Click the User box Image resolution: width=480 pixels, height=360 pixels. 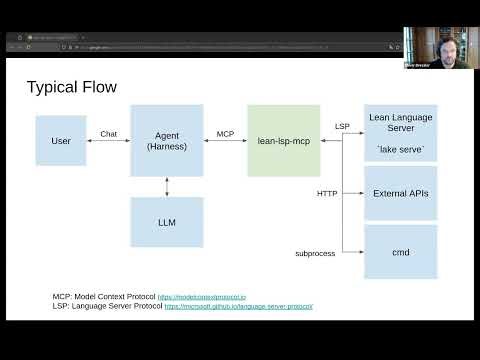[60, 141]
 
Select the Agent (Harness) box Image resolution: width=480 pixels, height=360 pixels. [166, 141]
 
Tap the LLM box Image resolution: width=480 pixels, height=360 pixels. [166, 222]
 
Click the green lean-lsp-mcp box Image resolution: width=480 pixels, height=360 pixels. [283, 141]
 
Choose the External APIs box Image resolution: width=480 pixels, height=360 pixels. [401, 192]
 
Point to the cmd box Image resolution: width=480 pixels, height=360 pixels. [401, 252]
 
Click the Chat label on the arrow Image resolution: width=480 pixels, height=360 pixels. [109, 133]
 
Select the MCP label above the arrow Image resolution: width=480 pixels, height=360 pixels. [225, 133]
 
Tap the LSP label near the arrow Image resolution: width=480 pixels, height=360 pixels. [343, 126]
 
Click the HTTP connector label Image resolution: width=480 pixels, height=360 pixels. [327, 192]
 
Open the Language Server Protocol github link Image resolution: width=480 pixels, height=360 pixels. [238, 306]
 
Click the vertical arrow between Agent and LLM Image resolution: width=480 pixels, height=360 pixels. [167, 187]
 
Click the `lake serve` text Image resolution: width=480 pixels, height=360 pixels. [401, 148]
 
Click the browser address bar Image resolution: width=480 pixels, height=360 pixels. [200, 47]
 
